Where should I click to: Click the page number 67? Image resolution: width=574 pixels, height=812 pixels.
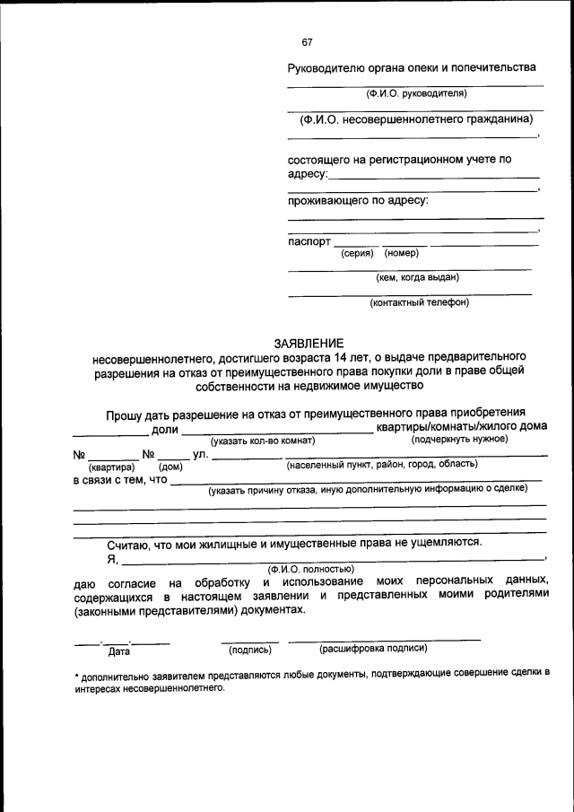click(x=309, y=41)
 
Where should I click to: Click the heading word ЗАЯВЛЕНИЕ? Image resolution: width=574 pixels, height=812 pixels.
click(x=308, y=342)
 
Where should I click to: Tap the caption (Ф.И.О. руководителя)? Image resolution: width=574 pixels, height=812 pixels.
click(x=415, y=93)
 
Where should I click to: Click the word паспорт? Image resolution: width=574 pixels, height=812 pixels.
click(x=309, y=241)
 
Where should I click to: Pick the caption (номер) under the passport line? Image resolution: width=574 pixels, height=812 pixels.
click(x=402, y=253)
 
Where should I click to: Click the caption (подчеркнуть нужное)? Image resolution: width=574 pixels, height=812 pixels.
click(x=459, y=440)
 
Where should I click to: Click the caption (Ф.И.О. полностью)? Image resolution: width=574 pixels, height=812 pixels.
click(x=310, y=569)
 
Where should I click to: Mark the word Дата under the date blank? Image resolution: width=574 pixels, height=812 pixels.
click(x=119, y=652)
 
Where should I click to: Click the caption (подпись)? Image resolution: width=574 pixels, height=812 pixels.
click(x=250, y=649)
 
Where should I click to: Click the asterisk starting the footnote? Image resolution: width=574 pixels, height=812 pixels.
click(x=76, y=674)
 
